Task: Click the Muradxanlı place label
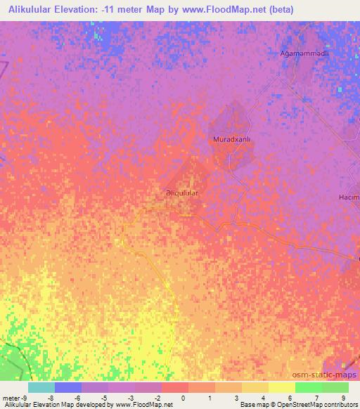coord(232,140)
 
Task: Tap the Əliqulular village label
coord(181,192)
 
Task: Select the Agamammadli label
coord(304,53)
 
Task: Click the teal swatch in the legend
coord(41,387)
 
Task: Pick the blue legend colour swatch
coord(68,387)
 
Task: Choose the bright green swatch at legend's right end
coord(335,387)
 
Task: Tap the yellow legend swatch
coord(282,387)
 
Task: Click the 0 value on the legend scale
coord(182,398)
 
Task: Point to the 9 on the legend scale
coord(342,398)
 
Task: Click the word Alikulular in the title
coord(32,10)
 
